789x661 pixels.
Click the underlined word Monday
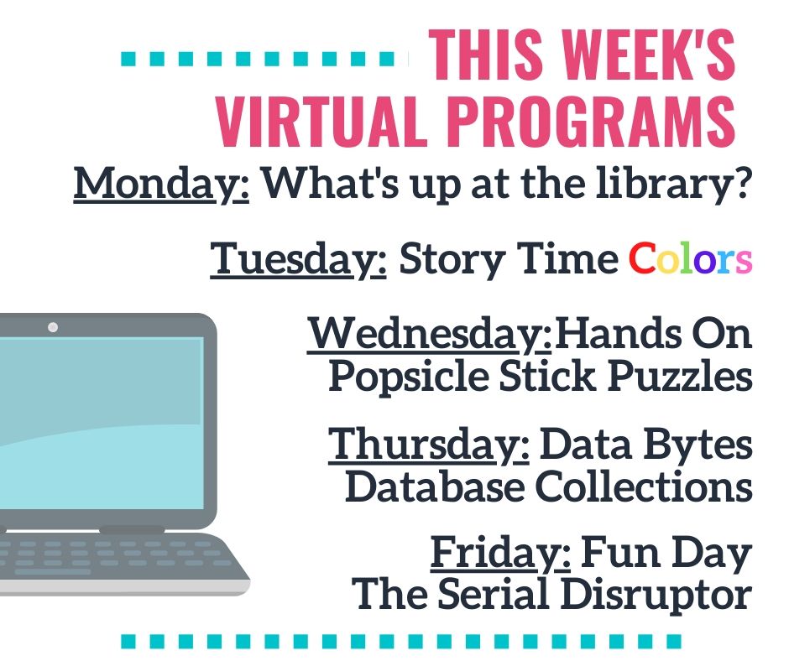click(x=161, y=184)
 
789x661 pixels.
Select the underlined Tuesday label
click(x=298, y=259)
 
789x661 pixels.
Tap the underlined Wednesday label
click(x=430, y=334)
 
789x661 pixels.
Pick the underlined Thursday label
click(x=429, y=445)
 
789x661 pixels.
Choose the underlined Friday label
click(x=500, y=553)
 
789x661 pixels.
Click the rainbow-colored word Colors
click(x=690, y=258)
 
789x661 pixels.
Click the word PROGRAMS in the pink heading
click(x=591, y=122)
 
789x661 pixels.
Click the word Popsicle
click(x=409, y=377)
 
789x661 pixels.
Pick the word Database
click(x=436, y=487)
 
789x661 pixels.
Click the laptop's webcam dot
click(x=53, y=327)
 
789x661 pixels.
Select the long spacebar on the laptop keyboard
click(x=53, y=572)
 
